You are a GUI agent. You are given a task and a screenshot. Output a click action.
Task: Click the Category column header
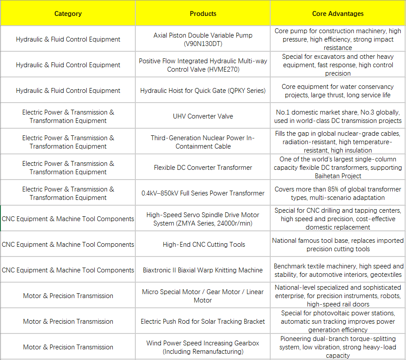(x=68, y=14)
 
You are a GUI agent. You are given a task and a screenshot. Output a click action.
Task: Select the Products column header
(x=203, y=14)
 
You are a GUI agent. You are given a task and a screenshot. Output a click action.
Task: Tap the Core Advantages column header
(x=338, y=14)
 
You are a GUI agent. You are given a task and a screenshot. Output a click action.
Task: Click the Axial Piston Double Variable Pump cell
(x=203, y=39)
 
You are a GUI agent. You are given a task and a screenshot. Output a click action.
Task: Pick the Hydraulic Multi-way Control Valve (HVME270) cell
(x=203, y=65)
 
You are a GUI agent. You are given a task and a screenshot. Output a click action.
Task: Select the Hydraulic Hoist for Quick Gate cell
(x=203, y=91)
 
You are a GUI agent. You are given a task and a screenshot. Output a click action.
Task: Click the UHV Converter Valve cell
(x=203, y=116)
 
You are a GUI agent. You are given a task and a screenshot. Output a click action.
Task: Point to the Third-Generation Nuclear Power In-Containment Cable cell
(x=203, y=142)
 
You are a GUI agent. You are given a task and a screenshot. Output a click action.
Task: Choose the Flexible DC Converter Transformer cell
(x=203, y=168)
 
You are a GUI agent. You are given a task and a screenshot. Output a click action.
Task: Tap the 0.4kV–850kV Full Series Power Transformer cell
(x=203, y=193)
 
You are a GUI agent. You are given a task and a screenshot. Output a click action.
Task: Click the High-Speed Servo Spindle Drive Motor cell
(x=203, y=219)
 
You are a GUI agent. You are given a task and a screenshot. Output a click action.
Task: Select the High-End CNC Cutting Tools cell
(x=203, y=245)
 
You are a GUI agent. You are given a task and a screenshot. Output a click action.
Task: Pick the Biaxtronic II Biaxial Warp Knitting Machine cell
(x=203, y=270)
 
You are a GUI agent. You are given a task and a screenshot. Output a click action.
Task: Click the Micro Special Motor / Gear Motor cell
(x=203, y=296)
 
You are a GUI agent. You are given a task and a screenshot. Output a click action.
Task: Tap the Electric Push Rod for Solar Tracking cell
(x=203, y=322)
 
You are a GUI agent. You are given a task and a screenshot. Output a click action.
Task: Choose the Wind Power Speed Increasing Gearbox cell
(x=203, y=347)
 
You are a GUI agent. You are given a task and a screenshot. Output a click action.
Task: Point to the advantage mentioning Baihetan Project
(x=338, y=168)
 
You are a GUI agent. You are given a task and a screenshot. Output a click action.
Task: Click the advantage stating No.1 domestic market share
(x=338, y=116)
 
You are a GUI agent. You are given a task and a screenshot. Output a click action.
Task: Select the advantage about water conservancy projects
(x=338, y=91)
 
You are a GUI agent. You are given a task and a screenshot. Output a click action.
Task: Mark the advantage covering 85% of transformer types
(x=338, y=193)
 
